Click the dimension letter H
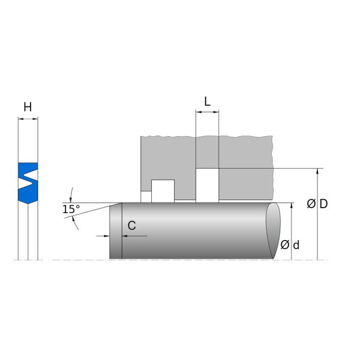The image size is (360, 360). click(x=28, y=107)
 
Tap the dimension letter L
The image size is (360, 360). click(x=208, y=101)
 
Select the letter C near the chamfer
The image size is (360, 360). click(x=131, y=226)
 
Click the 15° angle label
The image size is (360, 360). click(x=71, y=209)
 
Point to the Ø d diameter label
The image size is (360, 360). click(x=290, y=245)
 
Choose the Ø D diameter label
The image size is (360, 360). click(x=317, y=204)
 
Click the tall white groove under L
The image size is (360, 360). click(x=208, y=185)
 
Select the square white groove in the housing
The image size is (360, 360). click(x=163, y=191)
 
